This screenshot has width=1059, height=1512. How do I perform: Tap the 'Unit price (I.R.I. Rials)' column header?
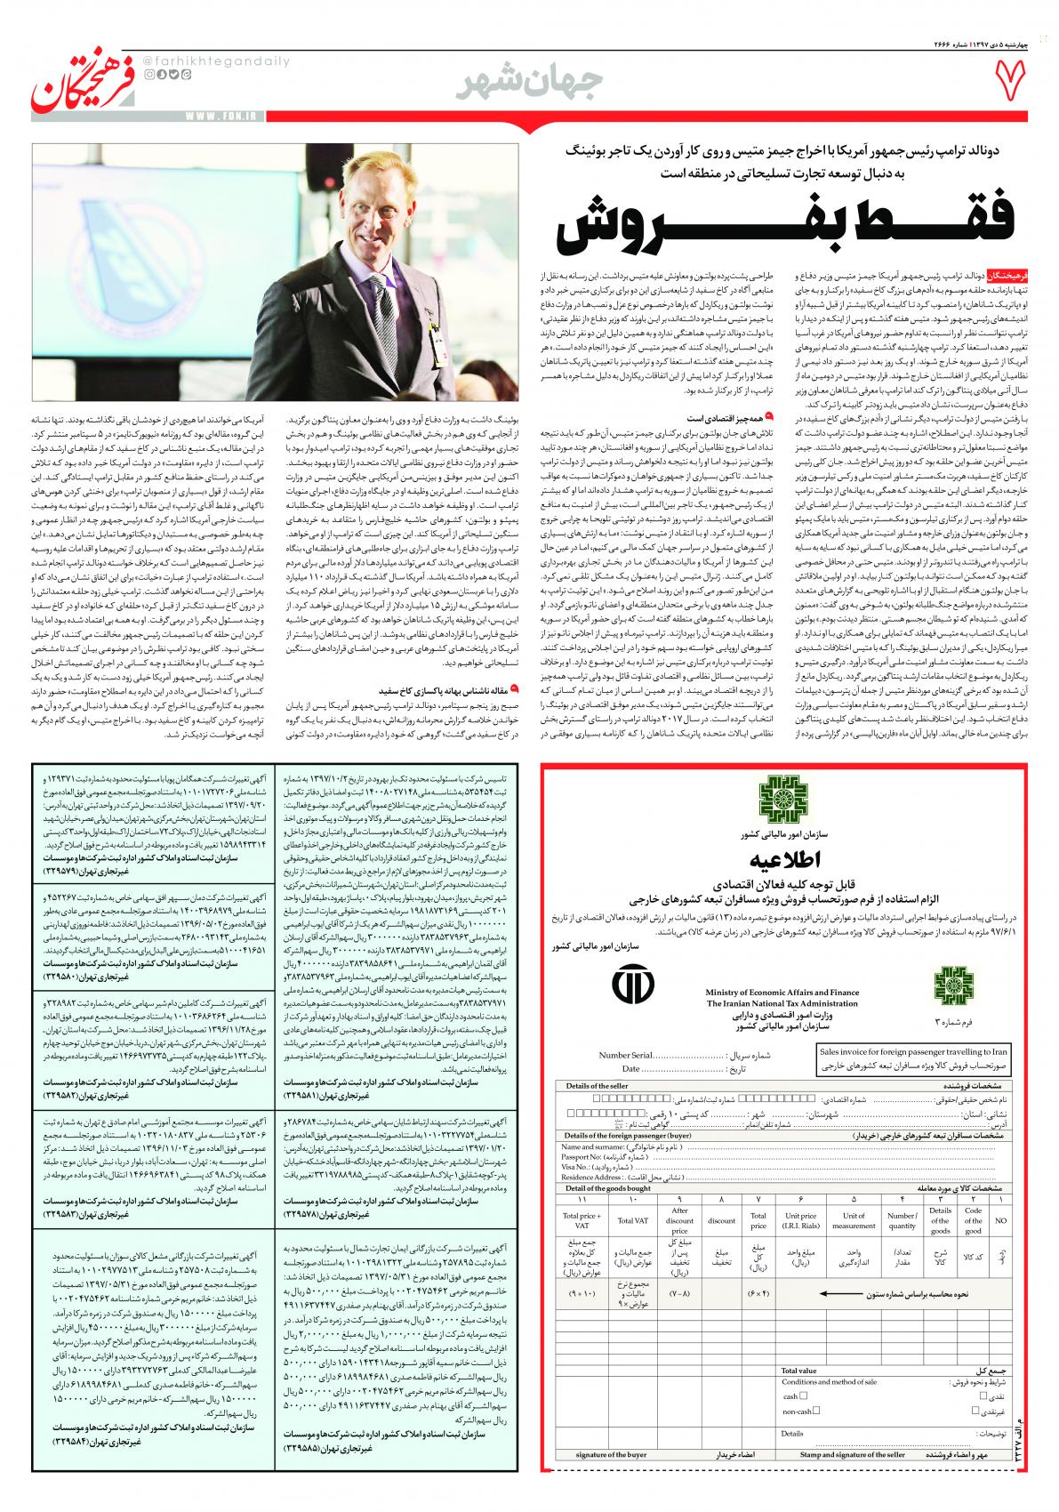click(x=800, y=1220)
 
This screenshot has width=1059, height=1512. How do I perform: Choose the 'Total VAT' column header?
click(x=632, y=1220)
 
